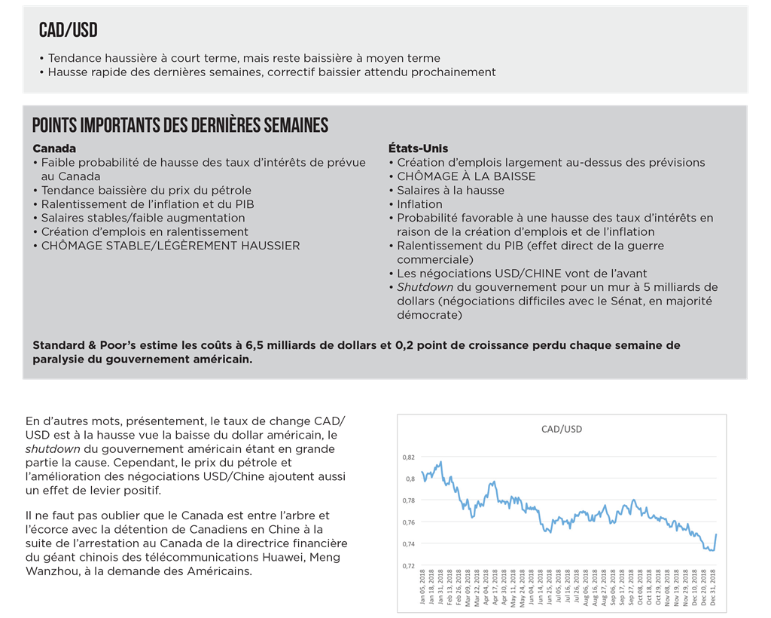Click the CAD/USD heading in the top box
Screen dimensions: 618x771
click(69, 30)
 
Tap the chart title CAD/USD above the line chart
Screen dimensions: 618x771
click(561, 429)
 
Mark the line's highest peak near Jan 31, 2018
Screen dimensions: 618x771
click(440, 462)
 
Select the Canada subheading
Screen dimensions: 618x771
click(54, 148)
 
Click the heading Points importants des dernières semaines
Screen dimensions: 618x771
click(180, 125)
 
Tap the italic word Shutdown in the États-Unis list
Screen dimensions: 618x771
click(425, 287)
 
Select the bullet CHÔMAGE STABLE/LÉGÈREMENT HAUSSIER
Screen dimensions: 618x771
click(170, 246)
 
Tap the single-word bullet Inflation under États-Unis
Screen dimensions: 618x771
click(419, 204)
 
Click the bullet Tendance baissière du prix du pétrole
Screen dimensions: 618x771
click(146, 190)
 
